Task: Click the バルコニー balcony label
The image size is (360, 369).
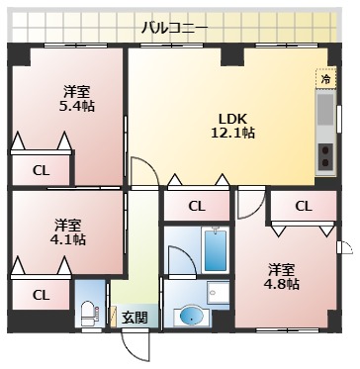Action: tap(174, 28)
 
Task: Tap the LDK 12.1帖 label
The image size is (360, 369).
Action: tap(236, 122)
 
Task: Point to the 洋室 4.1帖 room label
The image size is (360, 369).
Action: tap(68, 231)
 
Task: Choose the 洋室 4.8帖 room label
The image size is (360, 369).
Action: tap(282, 275)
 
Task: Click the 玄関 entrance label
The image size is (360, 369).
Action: tap(135, 318)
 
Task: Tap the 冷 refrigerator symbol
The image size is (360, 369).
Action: tap(325, 77)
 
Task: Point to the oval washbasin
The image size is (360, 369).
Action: tap(191, 317)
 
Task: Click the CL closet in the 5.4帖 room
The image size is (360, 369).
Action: tap(41, 169)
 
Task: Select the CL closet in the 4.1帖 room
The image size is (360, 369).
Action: tap(41, 294)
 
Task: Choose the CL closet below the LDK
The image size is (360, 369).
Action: tap(196, 206)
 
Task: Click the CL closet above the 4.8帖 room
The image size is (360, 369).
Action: tap(303, 206)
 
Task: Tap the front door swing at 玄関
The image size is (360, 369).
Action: tap(139, 346)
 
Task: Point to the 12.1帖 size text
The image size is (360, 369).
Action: tap(236, 131)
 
